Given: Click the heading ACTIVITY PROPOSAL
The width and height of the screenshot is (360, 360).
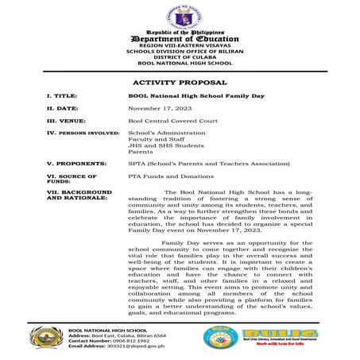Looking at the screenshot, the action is coord(179,82).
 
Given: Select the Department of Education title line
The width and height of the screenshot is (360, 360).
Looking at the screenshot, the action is coord(180,38).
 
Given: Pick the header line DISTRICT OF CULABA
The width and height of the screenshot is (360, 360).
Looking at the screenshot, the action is coord(180,56).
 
